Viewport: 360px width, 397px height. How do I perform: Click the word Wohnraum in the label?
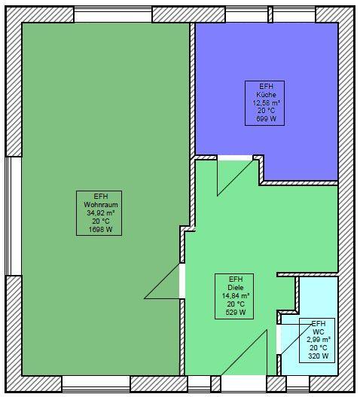pos(101,205)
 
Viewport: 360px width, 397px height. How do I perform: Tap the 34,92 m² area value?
pos(101,213)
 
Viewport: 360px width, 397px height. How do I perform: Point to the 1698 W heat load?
pos(100,230)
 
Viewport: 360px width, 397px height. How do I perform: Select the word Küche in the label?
pos(266,95)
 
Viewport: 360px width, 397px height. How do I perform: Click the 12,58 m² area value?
pos(267,102)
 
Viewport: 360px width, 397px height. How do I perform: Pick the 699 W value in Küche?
pos(266,119)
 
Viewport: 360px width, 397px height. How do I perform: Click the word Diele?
pos(236,288)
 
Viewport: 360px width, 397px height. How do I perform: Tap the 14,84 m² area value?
pos(236,296)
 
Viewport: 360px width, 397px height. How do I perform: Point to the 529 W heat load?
pos(236,313)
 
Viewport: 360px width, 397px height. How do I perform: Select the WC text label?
pos(319,331)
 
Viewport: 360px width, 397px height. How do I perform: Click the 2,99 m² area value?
pos(319,340)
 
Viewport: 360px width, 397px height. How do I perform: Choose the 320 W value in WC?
pos(319,356)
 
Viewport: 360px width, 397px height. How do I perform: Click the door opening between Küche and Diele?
pos(235,158)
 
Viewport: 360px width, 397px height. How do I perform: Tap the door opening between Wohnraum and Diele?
pos(182,281)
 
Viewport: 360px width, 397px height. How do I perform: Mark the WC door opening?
pos(279,339)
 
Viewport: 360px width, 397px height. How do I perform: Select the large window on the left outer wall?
pos(14,216)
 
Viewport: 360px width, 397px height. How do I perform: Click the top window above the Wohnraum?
pos(113,14)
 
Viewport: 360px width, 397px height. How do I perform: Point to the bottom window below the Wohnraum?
pos(96,384)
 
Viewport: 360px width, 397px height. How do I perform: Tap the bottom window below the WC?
pos(298,384)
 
